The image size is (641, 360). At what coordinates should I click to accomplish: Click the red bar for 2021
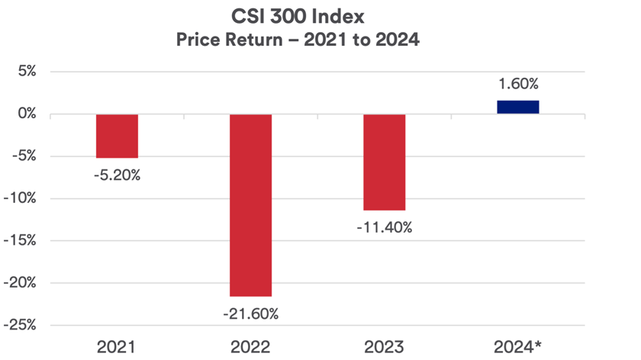[117, 136]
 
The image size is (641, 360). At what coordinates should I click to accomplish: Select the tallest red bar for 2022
[250, 204]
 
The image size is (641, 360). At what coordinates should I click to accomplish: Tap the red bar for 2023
[384, 162]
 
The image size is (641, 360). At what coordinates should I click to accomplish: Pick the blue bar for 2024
[517, 107]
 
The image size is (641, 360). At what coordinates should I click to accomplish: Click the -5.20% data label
[117, 175]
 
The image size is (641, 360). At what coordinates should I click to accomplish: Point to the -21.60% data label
[250, 313]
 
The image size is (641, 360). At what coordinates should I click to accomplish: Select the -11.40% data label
[384, 227]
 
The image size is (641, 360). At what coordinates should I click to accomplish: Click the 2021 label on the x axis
[117, 347]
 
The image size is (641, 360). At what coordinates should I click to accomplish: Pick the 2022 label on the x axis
[250, 347]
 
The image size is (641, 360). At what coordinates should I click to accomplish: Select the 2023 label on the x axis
[384, 347]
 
